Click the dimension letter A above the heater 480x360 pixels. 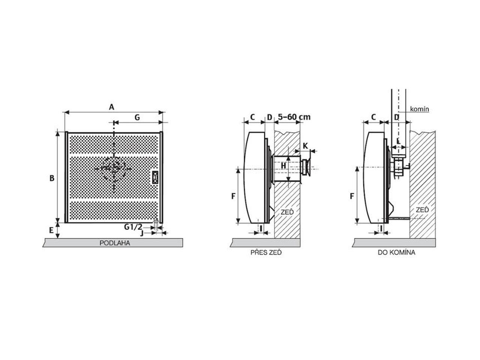pyautogui.click(x=111, y=107)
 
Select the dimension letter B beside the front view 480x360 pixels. pyautogui.click(x=52, y=178)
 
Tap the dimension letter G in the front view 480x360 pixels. pyautogui.click(x=137, y=117)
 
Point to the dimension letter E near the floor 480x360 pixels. pyautogui.click(x=51, y=230)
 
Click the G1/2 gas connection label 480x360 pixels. pyautogui.click(x=133, y=227)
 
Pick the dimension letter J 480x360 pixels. pyautogui.click(x=142, y=233)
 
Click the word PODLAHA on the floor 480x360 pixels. pyautogui.click(x=115, y=243)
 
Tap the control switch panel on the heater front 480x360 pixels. pyautogui.click(x=155, y=177)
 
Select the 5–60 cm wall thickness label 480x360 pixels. pyautogui.click(x=294, y=117)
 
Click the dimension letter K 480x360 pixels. pyautogui.click(x=305, y=146)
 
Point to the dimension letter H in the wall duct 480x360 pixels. pyautogui.click(x=283, y=166)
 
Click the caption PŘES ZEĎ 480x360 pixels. pyautogui.click(x=266, y=253)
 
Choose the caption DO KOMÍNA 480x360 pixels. pyautogui.click(x=396, y=253)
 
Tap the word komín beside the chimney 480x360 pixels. pyautogui.click(x=419, y=109)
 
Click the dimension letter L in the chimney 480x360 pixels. pyautogui.click(x=398, y=141)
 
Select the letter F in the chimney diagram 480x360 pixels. pyautogui.click(x=352, y=196)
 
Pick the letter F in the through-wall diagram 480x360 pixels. pyautogui.click(x=233, y=196)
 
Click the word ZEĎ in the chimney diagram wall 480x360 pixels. pyautogui.click(x=422, y=210)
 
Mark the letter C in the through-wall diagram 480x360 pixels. pyautogui.click(x=252, y=117)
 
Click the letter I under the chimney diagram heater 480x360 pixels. pyautogui.click(x=381, y=229)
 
